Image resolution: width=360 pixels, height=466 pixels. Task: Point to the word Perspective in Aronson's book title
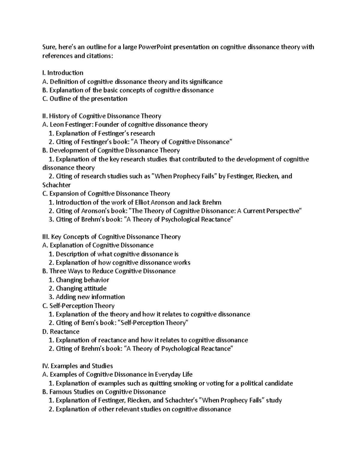[282, 211]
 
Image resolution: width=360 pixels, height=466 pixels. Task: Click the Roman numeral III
[46, 237]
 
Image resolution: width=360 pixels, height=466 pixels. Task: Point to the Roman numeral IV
[46, 366]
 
